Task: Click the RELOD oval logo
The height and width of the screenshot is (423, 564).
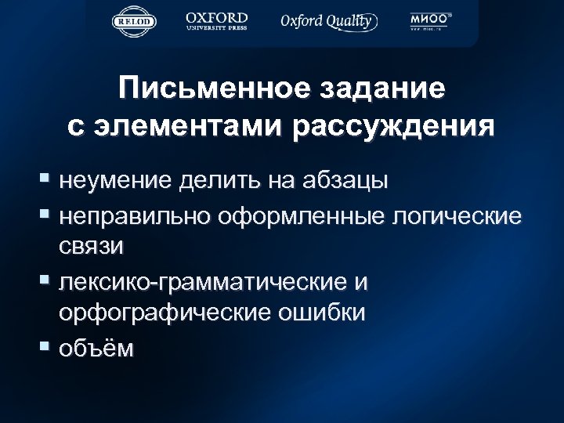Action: tap(135, 22)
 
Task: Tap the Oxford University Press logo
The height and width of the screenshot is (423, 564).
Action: tap(217, 21)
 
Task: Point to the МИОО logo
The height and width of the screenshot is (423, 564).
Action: tap(428, 21)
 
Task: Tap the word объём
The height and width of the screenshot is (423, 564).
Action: tap(95, 347)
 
